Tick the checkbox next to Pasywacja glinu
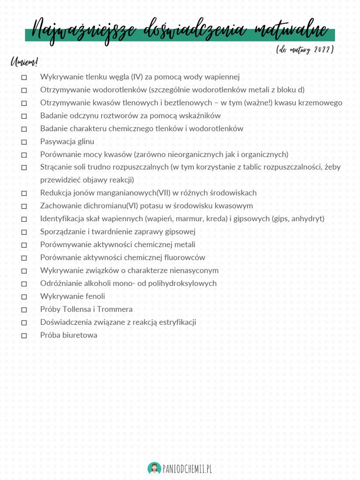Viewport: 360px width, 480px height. [24, 142]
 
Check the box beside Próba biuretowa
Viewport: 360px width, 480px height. [24, 336]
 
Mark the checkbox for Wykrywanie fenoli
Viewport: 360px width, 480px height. [24, 297]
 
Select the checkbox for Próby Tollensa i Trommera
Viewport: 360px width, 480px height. [24, 310]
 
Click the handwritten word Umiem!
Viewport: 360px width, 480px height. [23, 62]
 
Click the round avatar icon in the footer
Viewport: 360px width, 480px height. [154, 468]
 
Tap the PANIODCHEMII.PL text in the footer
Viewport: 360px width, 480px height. [187, 468]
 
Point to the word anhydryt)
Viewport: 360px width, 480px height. [305, 218]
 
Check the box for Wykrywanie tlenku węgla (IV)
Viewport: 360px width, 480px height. [24, 77]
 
